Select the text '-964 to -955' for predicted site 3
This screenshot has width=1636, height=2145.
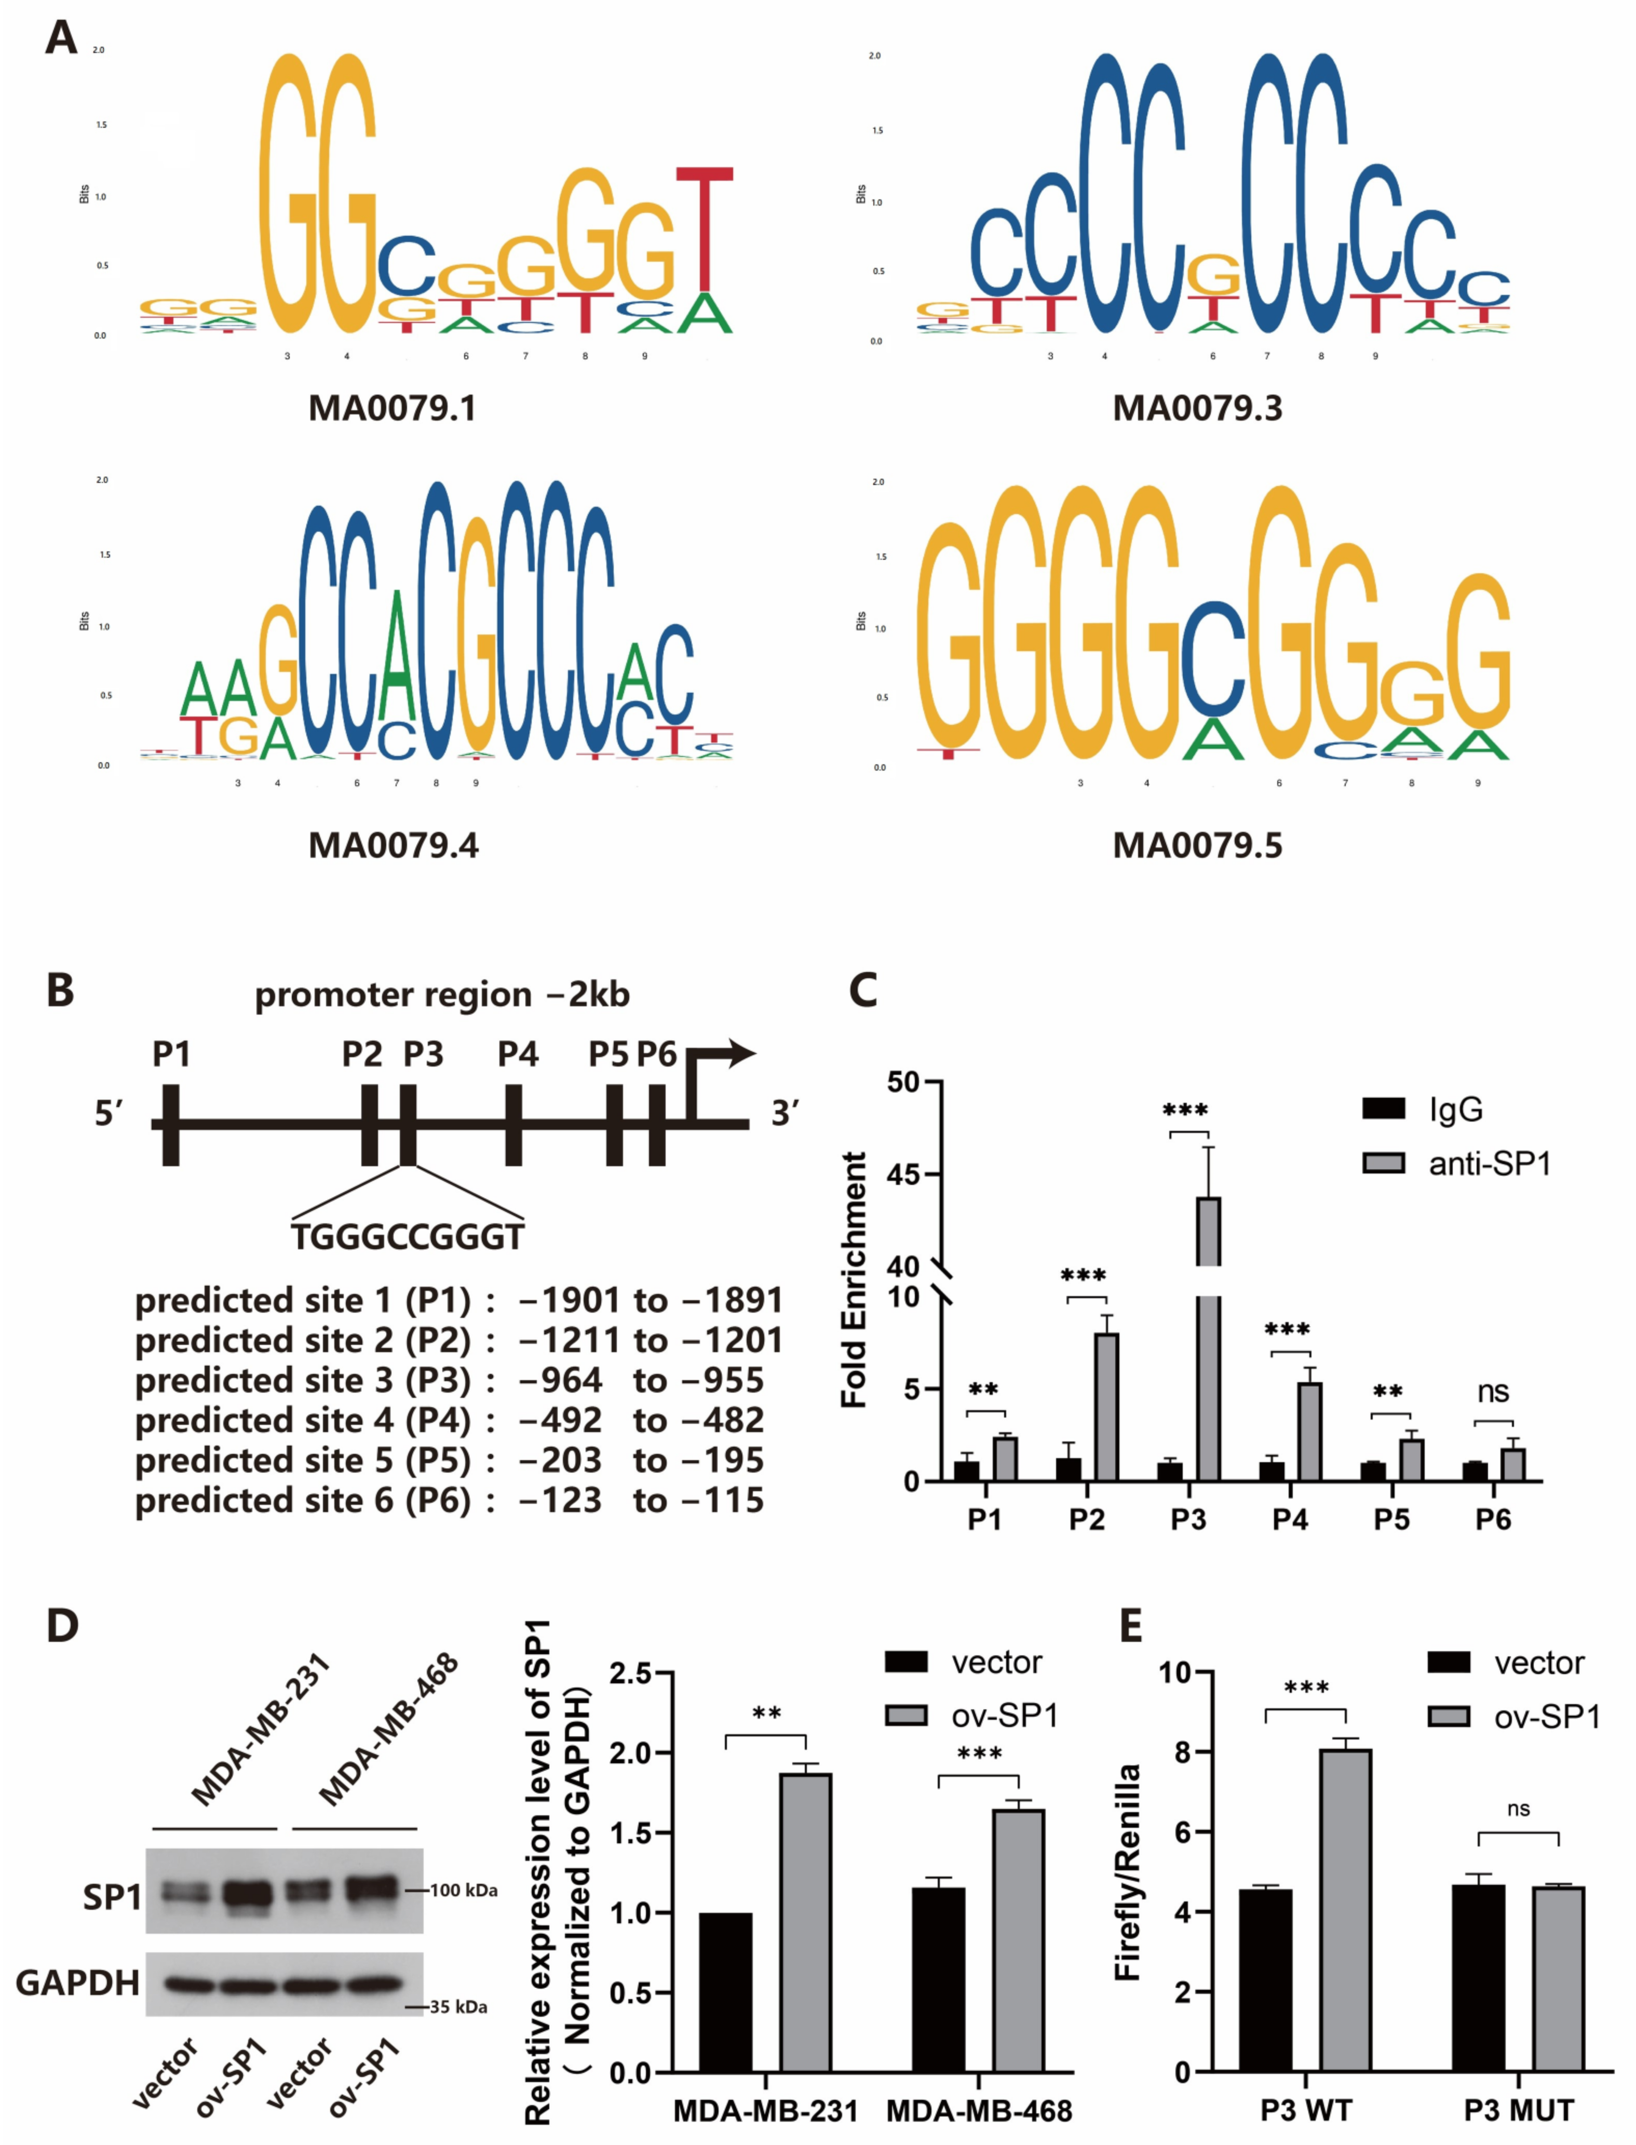coord(641,1381)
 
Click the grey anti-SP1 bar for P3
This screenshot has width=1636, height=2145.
coord(1209,1344)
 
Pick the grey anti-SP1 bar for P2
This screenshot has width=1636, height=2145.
coord(1106,1407)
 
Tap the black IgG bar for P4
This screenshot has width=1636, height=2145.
coord(1272,1471)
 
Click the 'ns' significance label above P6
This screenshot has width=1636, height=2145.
coord(1493,1392)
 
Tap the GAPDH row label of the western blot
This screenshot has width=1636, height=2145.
coord(78,1982)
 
